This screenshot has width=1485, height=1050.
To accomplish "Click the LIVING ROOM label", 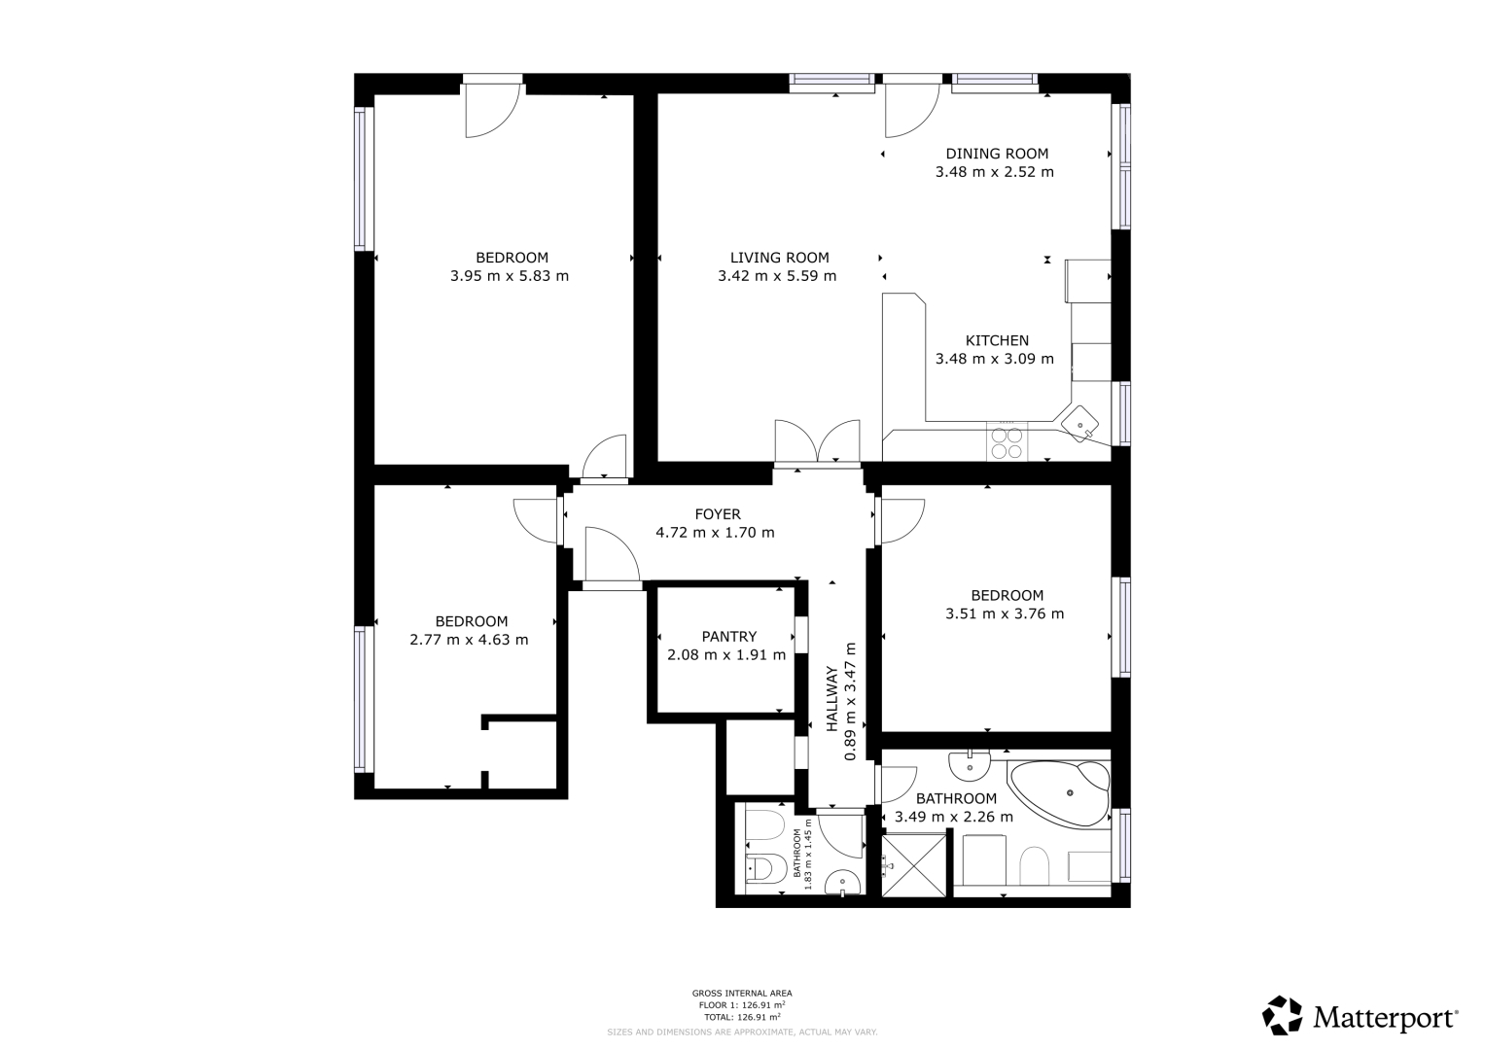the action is coord(780,258).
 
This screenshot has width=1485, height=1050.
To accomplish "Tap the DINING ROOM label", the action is coord(997,154).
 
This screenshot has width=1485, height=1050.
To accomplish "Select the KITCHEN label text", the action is coord(997,340).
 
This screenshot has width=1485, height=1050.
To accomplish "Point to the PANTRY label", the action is coord(729,637).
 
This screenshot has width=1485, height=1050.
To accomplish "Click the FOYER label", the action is coord(718,513).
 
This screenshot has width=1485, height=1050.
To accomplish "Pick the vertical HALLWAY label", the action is coord(832,699).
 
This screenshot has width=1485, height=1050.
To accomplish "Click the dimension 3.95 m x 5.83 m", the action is coord(510,276).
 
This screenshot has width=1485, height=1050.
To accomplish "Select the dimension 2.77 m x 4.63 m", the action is coord(470,640).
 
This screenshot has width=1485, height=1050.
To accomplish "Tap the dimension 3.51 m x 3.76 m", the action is coord(1005,613).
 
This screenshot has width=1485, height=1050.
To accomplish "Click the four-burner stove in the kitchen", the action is coord(1007,442).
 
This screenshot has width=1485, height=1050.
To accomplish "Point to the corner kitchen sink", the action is coord(1079,424).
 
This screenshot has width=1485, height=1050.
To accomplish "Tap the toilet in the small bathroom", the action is coord(765,867).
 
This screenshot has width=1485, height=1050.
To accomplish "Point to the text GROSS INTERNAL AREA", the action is coord(742,993).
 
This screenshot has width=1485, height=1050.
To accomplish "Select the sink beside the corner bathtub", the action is coord(970,766).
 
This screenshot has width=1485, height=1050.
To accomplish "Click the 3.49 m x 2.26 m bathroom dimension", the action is coord(954,817).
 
